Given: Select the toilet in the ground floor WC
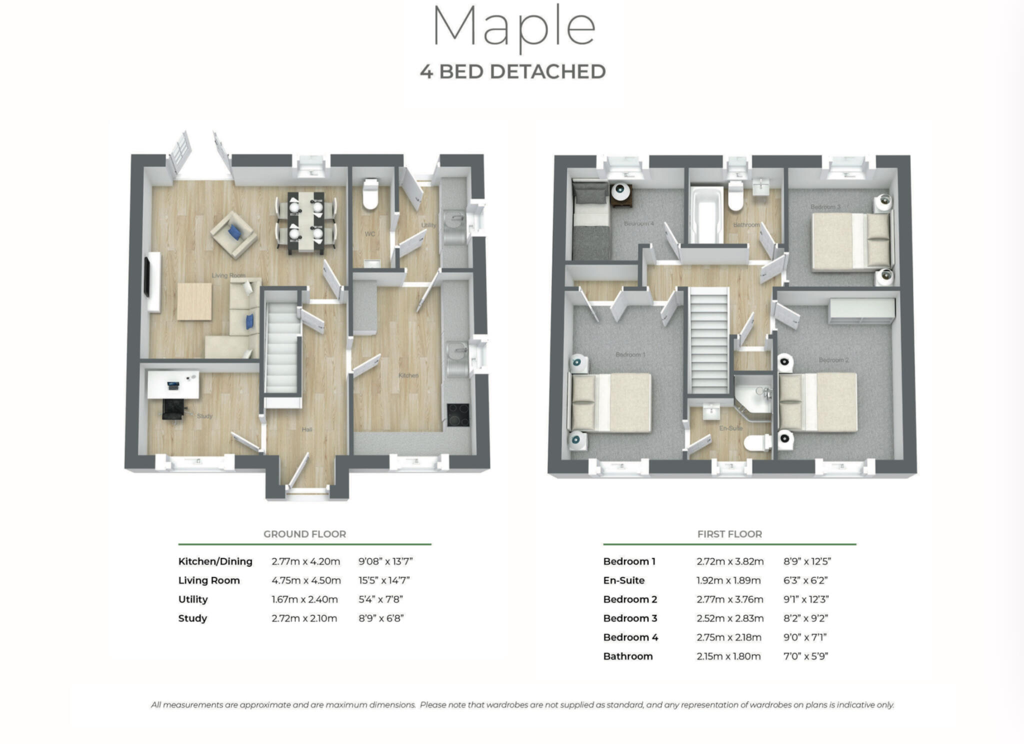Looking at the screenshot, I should point(370,195).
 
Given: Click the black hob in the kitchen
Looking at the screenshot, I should point(458,414).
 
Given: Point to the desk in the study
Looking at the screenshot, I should point(173,384).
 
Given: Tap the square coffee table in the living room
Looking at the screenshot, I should point(194,301).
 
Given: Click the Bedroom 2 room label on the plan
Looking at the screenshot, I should point(833,360).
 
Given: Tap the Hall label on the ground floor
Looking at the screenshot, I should point(306,429).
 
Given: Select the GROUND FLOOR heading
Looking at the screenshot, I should point(304,534).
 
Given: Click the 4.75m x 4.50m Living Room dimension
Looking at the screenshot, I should point(306,580).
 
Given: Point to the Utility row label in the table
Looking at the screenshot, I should point(193,599).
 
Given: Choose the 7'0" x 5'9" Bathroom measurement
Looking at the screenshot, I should point(805,656).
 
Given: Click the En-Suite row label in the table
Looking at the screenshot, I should point(623,580).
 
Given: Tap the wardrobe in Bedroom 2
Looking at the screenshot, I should point(861,310).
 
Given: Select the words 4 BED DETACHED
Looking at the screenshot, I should point(512,71).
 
